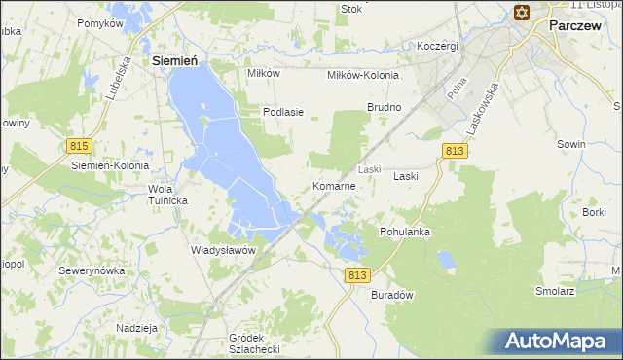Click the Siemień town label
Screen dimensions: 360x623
(x=176, y=60)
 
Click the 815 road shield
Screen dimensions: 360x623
(x=80, y=146)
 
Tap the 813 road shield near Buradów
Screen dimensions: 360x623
(x=356, y=277)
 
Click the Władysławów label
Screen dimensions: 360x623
(x=223, y=250)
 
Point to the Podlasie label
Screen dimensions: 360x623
(x=283, y=112)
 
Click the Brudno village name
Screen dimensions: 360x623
(x=384, y=106)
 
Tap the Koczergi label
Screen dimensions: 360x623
(x=437, y=46)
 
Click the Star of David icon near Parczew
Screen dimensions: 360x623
(x=520, y=12)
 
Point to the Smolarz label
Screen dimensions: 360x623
(x=553, y=291)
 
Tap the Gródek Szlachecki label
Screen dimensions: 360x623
(x=253, y=343)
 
